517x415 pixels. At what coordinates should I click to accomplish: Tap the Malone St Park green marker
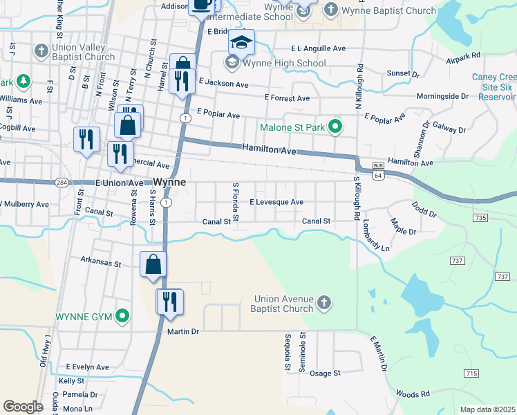[x=335, y=127]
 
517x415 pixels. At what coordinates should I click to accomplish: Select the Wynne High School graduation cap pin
[x=241, y=44]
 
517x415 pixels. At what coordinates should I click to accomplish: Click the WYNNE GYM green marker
[x=123, y=317]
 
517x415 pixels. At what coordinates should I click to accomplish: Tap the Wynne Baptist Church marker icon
[x=331, y=10]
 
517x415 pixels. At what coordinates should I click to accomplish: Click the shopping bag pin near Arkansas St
[x=153, y=265]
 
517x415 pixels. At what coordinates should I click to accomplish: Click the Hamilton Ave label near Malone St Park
[x=269, y=149]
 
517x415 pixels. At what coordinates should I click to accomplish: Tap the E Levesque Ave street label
[x=276, y=202]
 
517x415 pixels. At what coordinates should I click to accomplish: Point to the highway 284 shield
[x=62, y=183]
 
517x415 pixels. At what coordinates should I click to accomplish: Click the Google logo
[x=23, y=407]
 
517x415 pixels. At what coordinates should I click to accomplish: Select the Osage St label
[x=325, y=373]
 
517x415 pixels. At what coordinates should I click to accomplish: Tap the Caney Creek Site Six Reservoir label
[x=493, y=87]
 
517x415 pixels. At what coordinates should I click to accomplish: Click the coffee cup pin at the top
[x=202, y=5]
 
